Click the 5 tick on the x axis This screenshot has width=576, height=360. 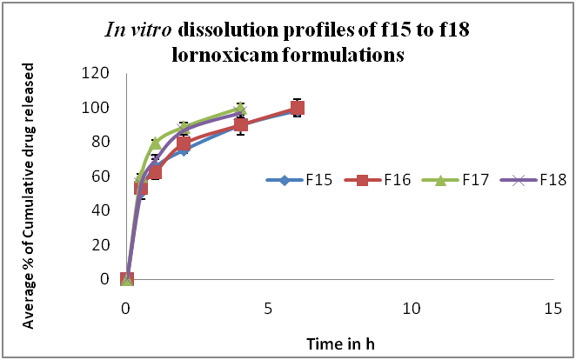click(269, 309)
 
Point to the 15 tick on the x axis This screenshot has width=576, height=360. click(552, 309)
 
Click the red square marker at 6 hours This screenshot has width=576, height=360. click(297, 108)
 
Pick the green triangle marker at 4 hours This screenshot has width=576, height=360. click(240, 109)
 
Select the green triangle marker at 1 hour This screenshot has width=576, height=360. click(156, 143)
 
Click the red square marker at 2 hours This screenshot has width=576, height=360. click(184, 143)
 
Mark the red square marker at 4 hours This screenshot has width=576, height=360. click(240, 125)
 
